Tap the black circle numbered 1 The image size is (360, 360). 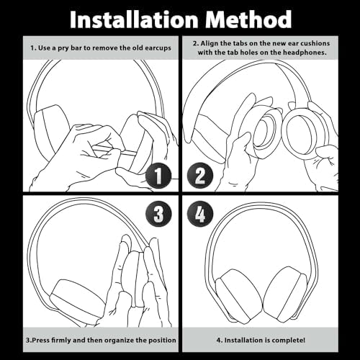point(159,176)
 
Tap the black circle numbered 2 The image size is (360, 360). point(201,176)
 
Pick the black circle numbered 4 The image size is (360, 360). point(201,214)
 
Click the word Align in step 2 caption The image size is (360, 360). point(211,43)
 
